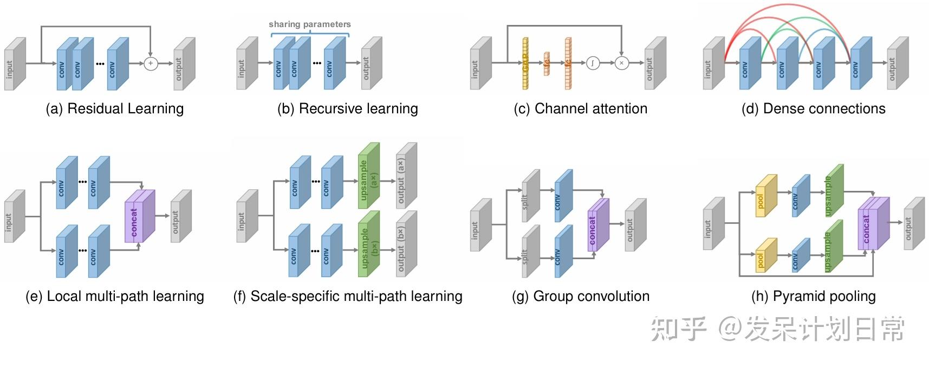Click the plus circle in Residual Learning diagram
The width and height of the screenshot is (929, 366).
[151, 63]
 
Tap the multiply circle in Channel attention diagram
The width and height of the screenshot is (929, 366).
[621, 63]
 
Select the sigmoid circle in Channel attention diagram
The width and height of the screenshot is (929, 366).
[593, 63]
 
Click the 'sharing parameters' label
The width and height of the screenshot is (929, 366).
[309, 24]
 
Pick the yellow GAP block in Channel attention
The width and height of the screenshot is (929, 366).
[525, 63]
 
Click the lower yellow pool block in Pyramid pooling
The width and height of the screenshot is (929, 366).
[765, 256]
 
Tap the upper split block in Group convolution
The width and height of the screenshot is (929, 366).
[529, 197]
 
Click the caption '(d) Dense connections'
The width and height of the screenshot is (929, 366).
[813, 109]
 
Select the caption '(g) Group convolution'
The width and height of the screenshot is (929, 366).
[580, 297]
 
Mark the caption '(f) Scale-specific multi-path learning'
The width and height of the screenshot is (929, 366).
[347, 297]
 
